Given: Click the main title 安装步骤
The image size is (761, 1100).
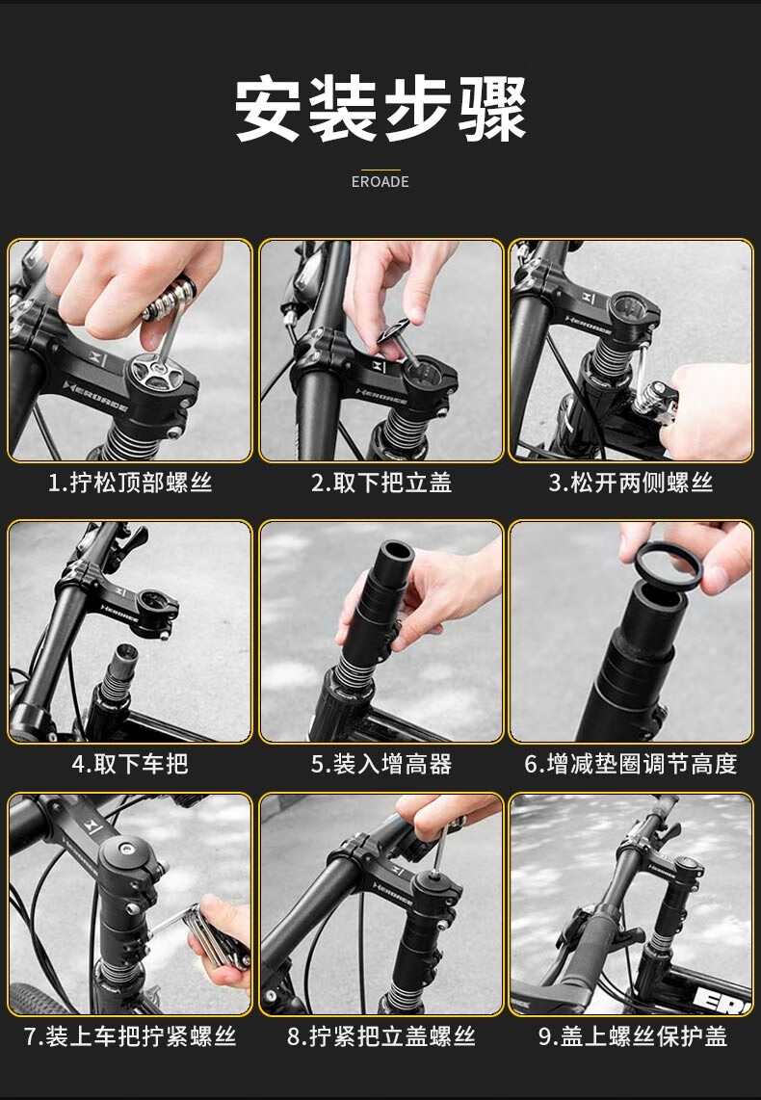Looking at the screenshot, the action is [380, 110].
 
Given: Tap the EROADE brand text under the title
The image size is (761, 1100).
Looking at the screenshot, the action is [380, 182].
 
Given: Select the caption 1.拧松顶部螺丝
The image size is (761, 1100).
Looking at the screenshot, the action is [130, 483].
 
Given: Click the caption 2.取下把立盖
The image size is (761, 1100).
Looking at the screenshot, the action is [381, 483].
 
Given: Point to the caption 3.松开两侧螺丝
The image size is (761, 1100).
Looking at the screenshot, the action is [631, 483].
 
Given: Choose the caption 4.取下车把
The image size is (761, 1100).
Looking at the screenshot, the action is [130, 763].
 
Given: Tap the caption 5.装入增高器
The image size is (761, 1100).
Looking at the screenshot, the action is [381, 763].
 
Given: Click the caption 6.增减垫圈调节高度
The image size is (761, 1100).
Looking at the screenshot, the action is [631, 763].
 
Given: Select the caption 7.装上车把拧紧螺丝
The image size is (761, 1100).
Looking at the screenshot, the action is [130, 1036].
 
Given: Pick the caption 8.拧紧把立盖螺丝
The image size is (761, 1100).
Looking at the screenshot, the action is [381, 1036].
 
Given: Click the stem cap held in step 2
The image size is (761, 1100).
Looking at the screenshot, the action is [395, 330].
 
